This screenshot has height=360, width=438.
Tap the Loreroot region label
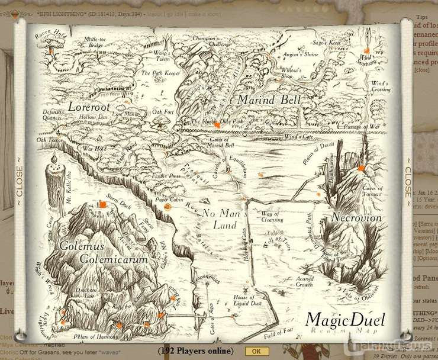coord(89,107)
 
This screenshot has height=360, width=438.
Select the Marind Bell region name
coord(269,99)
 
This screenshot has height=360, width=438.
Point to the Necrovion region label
coord(356,217)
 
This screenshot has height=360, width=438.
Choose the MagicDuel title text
coord(345,320)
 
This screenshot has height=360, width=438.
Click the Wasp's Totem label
coord(162,56)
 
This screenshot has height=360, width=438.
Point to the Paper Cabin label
coord(169,200)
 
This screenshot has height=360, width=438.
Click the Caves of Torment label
coord(372,191)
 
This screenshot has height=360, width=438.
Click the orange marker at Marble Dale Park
coord(217,126)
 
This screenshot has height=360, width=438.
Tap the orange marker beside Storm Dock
coord(103,205)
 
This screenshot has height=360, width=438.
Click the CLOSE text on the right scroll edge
coord(407,181)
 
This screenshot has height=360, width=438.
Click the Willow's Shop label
coord(291,73)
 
